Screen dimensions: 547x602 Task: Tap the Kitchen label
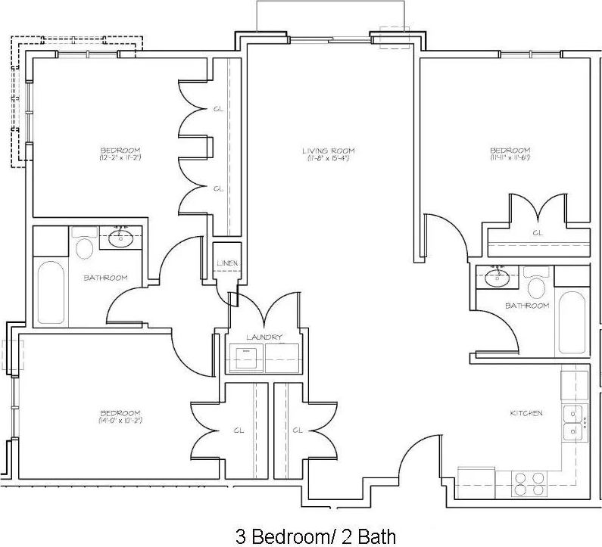(527, 413)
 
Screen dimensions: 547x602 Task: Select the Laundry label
(264, 337)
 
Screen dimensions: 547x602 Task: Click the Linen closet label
(227, 263)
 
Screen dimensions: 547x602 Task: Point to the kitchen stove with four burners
(530, 483)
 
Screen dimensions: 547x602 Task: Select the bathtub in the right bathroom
(572, 323)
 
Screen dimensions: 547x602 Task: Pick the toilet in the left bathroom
(83, 247)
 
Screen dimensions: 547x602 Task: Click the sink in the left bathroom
(120, 239)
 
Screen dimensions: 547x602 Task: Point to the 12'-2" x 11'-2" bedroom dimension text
(120, 158)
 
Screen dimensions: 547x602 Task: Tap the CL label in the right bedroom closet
(537, 233)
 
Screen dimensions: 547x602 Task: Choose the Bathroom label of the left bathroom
(105, 278)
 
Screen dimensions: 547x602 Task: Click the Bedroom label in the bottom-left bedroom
(120, 412)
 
